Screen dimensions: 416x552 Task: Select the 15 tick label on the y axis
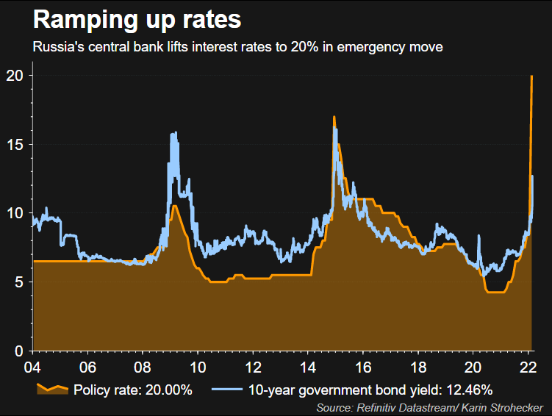click(16, 145)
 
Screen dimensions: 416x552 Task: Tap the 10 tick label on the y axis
click(16, 213)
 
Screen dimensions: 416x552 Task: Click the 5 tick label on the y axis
click(21, 282)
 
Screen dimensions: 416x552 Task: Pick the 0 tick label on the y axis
click(21, 351)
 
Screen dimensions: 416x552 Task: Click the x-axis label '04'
click(32, 367)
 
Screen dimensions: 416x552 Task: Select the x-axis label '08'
click(143, 367)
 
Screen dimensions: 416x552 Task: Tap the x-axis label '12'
click(253, 367)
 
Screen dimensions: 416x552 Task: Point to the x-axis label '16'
click(362, 367)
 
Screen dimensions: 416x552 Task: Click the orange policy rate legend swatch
click(52, 389)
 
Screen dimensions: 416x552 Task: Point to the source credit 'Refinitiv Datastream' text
click(398, 406)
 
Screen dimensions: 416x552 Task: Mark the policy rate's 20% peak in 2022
click(531, 76)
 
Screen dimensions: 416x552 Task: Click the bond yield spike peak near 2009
click(173, 134)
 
